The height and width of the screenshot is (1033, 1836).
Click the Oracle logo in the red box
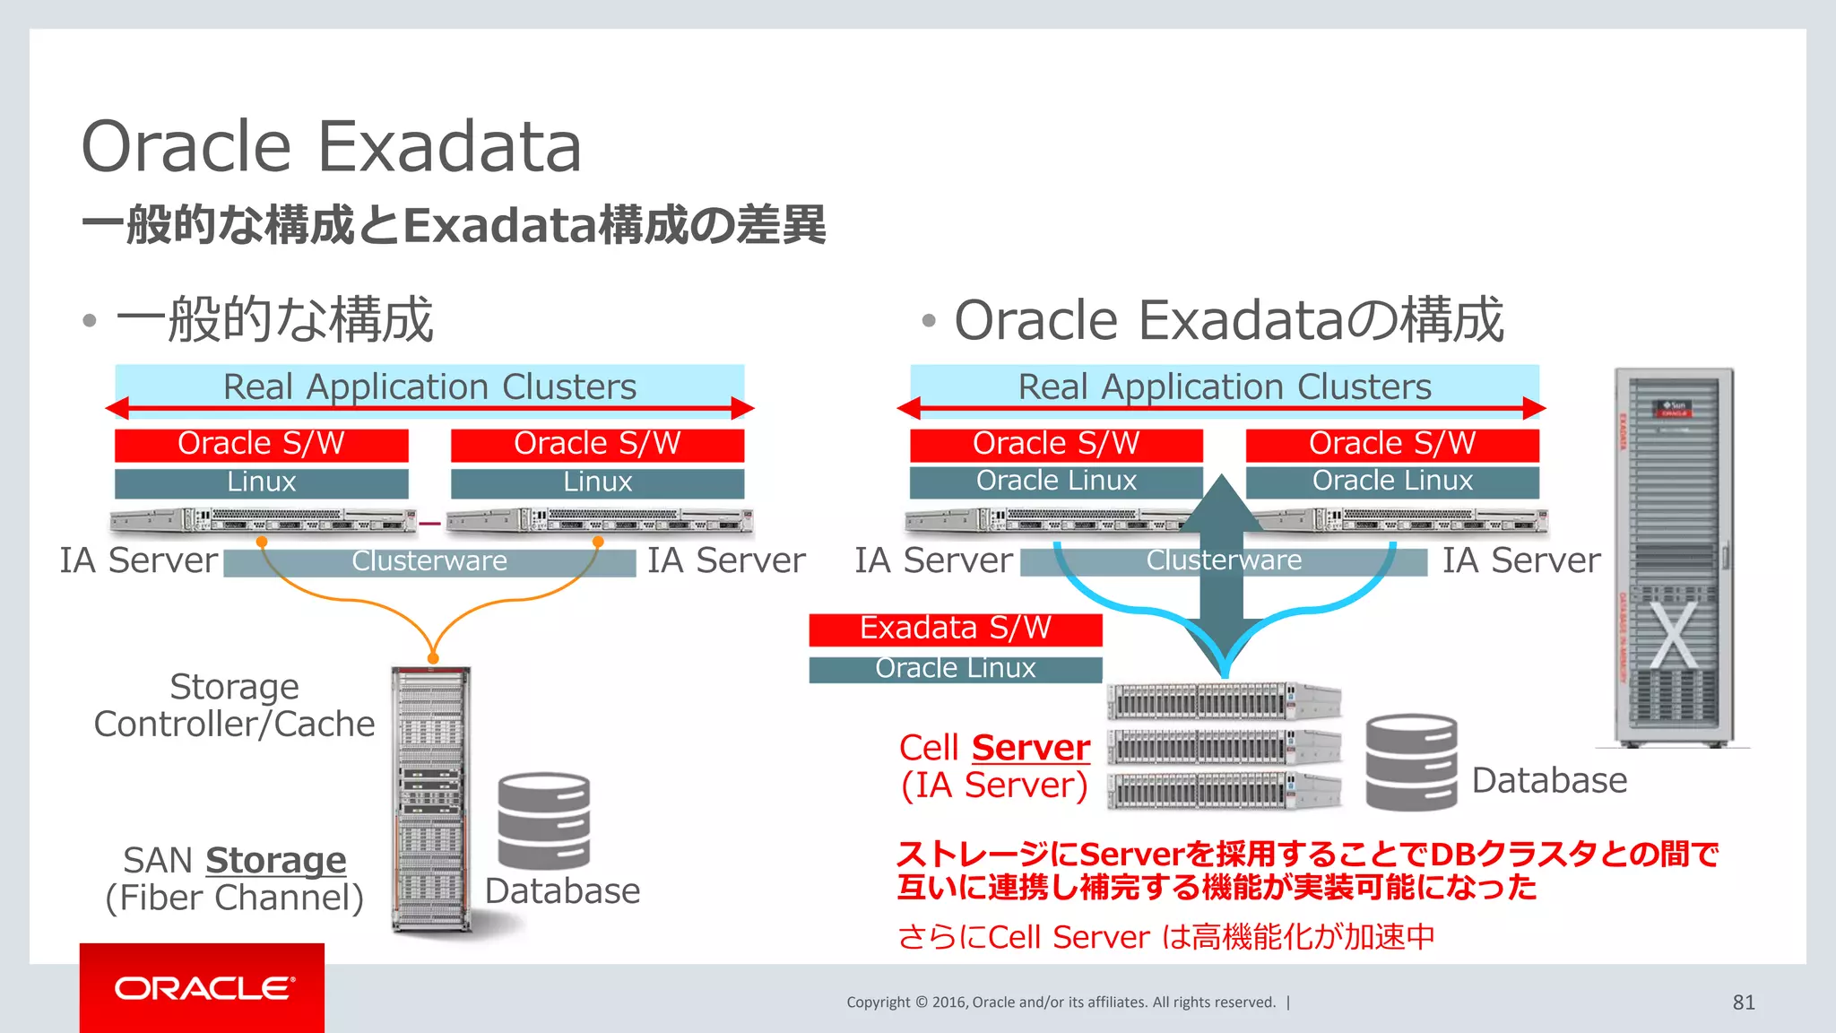point(204,988)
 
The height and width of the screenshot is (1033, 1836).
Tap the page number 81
point(1743,1003)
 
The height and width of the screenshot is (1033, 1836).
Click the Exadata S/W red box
point(955,629)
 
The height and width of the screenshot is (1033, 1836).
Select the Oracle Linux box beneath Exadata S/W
point(955,669)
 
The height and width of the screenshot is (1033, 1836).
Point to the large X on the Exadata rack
point(1673,635)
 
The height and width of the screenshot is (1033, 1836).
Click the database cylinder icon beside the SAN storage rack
point(544,820)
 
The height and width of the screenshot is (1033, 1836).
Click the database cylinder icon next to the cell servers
point(1411,762)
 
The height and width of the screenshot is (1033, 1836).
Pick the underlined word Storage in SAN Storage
point(275,861)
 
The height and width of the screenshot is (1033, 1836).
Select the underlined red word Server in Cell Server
point(1031,747)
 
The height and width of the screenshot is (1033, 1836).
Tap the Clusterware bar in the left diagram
point(429,562)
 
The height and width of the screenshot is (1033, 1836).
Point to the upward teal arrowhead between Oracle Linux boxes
point(1222,498)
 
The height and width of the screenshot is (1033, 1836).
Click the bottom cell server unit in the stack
point(1223,790)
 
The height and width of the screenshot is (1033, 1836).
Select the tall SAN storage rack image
point(431,798)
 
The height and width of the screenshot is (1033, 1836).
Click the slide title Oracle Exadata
point(331,146)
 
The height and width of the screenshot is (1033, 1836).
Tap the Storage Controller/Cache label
point(234,706)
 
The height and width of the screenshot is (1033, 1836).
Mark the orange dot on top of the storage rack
point(433,659)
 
